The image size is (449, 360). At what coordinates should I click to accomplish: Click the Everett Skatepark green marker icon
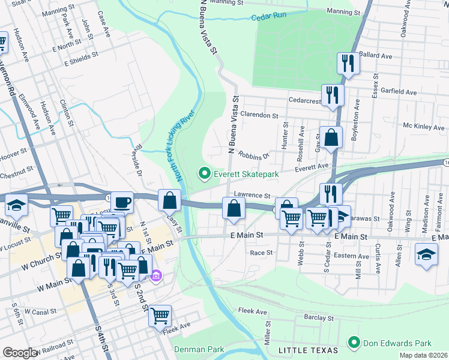(204, 175)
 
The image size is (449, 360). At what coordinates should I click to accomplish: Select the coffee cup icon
(122, 202)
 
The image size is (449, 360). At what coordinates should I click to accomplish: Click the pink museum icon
(156, 276)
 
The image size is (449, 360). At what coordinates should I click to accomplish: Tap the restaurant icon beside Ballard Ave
(348, 62)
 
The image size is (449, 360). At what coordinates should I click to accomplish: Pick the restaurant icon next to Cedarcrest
(331, 95)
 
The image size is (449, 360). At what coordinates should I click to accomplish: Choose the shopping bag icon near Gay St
(331, 137)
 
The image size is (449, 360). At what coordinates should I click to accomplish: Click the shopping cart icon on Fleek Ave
(160, 315)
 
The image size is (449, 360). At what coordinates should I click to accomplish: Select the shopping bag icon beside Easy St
(170, 199)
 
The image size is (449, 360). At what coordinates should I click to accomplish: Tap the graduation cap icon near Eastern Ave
(426, 253)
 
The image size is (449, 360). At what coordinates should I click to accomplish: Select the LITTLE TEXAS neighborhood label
(304, 349)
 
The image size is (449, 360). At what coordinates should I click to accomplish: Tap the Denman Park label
(199, 349)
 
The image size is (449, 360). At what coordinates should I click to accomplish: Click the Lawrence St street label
(252, 195)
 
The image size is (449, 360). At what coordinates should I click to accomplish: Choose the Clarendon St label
(259, 115)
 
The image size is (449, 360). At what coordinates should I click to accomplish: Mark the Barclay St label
(318, 317)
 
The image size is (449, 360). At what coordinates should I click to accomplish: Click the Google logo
(20, 352)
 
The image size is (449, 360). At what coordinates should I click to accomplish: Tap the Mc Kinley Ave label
(423, 127)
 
